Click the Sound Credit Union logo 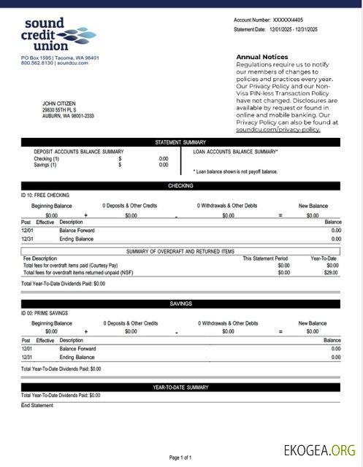click(x=58, y=34)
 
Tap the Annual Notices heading click(x=261, y=56)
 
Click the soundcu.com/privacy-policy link click(x=278, y=129)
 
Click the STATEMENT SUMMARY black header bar click(x=180, y=142)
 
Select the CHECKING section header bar click(x=180, y=186)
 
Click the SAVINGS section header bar click(x=180, y=304)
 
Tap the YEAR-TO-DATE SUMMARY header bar click(x=180, y=387)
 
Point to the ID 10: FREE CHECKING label click(x=46, y=196)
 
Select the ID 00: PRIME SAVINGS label click(x=47, y=313)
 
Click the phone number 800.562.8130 click(x=37, y=63)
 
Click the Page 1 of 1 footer click(x=180, y=458)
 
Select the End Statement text click(x=37, y=405)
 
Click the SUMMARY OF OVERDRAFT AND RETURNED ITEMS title click(x=180, y=251)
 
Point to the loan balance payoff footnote click(x=235, y=171)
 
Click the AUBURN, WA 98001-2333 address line click(x=68, y=116)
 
